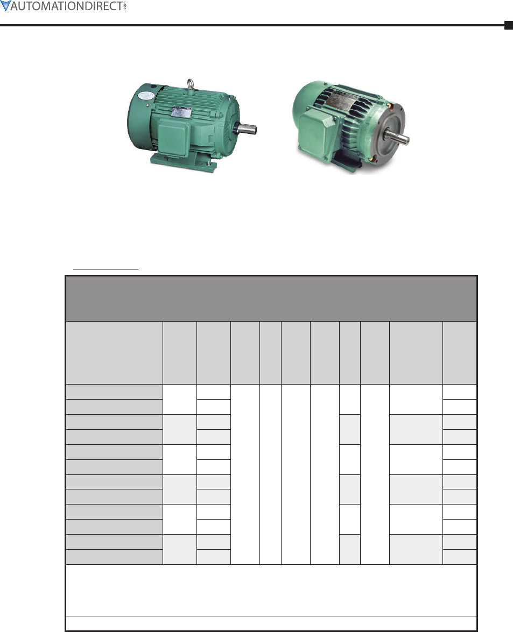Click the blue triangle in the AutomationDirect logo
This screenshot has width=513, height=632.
(x=5, y=5)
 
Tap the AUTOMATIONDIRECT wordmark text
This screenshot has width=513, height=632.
(x=67, y=6)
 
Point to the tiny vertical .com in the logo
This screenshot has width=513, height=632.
(x=125, y=6)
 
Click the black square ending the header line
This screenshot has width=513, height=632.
(x=509, y=25)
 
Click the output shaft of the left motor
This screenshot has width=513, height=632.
(x=245, y=129)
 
